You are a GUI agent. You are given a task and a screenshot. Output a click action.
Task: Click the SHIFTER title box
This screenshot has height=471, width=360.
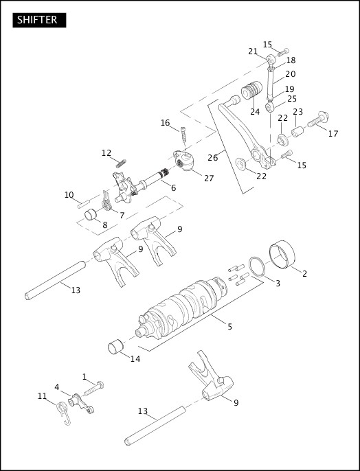39,20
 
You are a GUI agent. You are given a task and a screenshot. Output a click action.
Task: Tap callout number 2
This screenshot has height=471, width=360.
304,273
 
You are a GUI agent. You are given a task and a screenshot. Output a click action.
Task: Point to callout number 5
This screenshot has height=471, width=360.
229,326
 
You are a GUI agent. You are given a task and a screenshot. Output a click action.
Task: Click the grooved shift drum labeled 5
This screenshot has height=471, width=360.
182,306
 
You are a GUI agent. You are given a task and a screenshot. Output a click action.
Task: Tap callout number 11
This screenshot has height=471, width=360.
42,396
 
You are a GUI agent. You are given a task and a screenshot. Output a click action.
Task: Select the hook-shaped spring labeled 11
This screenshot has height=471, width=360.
64,413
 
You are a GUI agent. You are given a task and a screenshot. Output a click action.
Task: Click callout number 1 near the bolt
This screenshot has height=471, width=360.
85,376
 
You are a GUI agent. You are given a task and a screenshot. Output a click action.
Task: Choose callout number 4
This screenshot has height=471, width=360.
57,387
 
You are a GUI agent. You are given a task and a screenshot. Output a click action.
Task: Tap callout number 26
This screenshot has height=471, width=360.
212,157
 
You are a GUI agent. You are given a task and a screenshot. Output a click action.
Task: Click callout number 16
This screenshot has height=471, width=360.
165,123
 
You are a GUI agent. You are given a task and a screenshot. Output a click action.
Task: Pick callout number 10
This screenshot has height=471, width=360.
69,195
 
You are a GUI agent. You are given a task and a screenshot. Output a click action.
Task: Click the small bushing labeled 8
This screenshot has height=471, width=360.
90,218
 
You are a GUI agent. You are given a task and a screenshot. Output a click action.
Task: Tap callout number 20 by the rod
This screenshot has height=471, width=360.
290,74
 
